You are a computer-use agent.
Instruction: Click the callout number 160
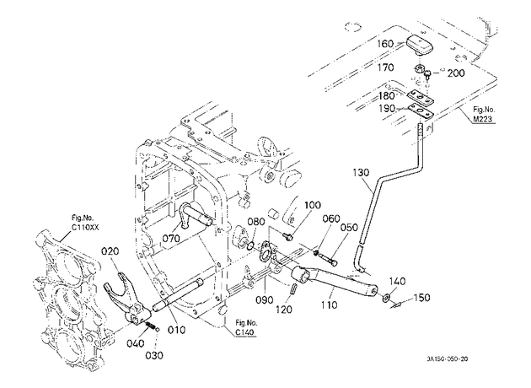pyautogui.click(x=386, y=44)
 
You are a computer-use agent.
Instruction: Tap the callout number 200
pyautogui.click(x=456, y=73)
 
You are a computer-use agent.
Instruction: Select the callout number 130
pyautogui.click(x=361, y=172)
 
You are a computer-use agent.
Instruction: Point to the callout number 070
pyautogui.click(x=171, y=238)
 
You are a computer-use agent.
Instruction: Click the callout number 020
pyautogui.click(x=110, y=251)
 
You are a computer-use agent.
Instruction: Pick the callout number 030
pyautogui.click(x=154, y=355)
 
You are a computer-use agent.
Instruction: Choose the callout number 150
pyautogui.click(x=421, y=298)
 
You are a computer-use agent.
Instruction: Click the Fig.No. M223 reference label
pyautogui.click(x=484, y=114)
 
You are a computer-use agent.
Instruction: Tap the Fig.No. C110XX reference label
pyautogui.click(x=85, y=223)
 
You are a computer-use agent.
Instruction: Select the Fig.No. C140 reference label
pyautogui.click(x=246, y=327)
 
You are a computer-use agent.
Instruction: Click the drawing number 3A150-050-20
pyautogui.click(x=447, y=359)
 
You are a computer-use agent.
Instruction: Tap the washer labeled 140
pyautogui.click(x=386, y=299)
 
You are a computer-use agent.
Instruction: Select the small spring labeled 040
pyautogui.click(x=150, y=326)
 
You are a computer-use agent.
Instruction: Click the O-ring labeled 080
pyautogui.click(x=250, y=245)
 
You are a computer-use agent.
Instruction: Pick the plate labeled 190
pyautogui.click(x=421, y=110)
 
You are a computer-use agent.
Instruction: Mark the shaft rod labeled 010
pyautogui.click(x=178, y=295)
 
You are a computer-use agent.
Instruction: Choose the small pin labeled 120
pyautogui.click(x=294, y=289)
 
